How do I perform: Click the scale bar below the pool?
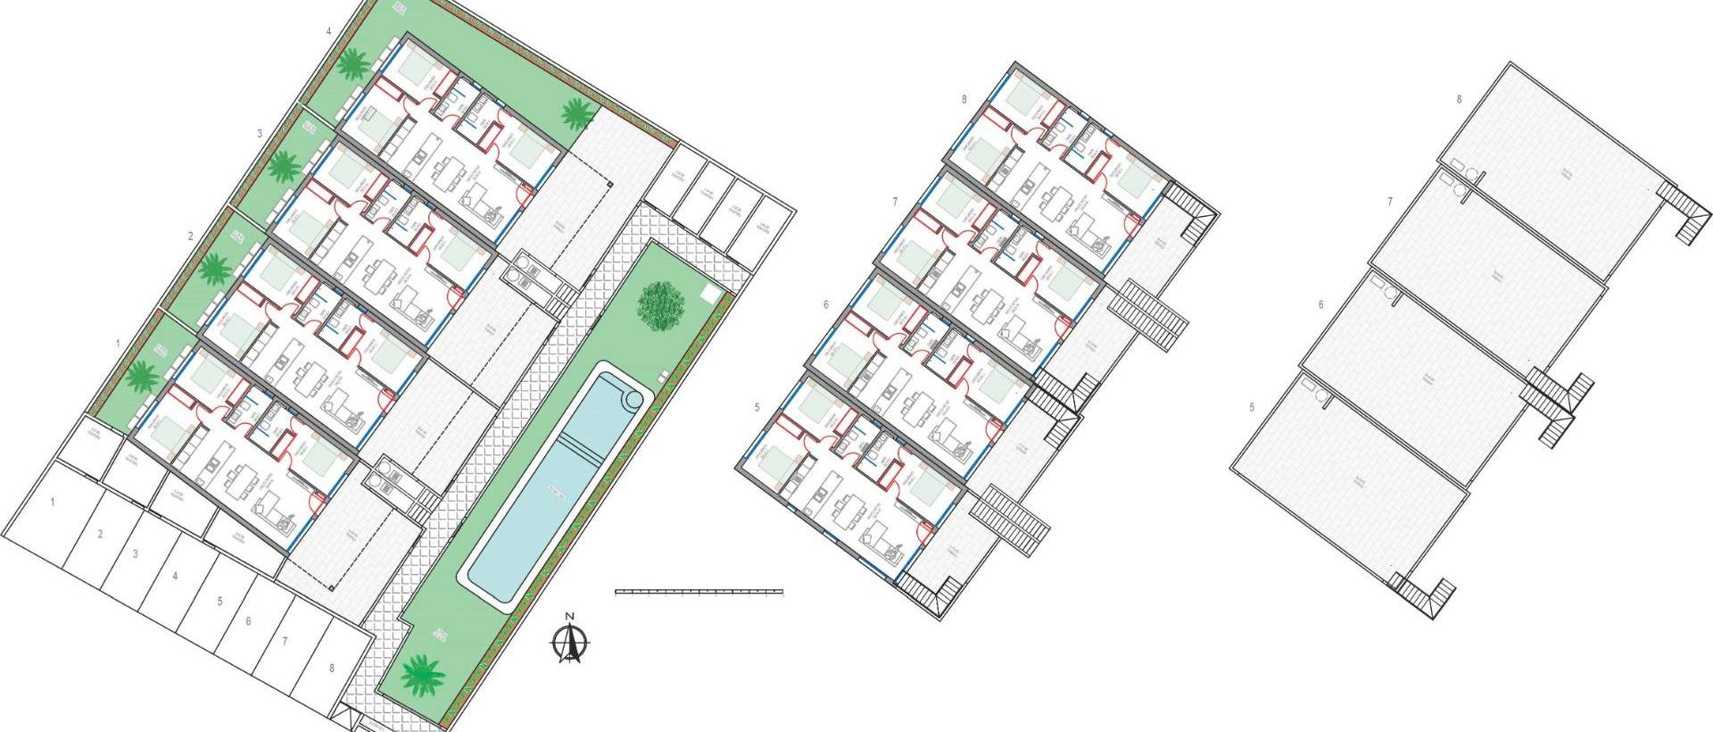[699, 591]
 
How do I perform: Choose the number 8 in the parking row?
[332, 667]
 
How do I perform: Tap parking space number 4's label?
[175, 577]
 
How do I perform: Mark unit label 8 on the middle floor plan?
[964, 100]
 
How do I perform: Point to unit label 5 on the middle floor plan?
[757, 408]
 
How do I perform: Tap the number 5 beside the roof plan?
[1252, 408]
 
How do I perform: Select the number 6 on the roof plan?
[1320, 305]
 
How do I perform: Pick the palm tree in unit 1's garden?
[140, 377]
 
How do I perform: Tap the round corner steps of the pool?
[634, 398]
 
